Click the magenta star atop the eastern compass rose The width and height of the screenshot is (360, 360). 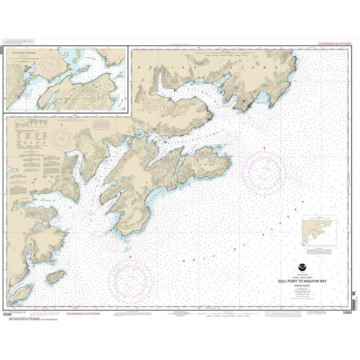pyautogui.click(x=264, y=147)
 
